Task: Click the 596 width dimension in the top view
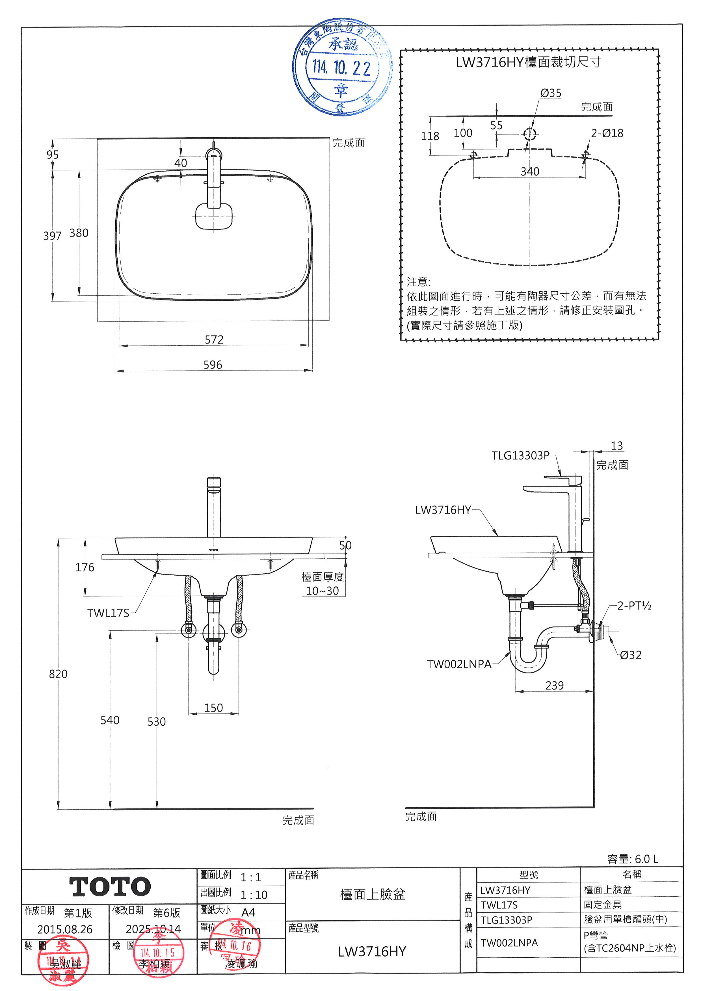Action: tap(213, 365)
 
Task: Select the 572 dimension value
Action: tap(214, 340)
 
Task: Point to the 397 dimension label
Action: tap(52, 236)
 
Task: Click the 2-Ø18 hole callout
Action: tap(607, 133)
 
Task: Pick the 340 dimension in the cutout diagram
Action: tap(530, 172)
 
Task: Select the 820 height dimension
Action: tap(58, 674)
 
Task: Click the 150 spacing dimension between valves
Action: tap(213, 708)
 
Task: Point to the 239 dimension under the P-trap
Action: tap(554, 686)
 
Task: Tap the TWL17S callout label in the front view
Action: tap(108, 613)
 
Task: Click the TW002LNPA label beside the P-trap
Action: tap(459, 664)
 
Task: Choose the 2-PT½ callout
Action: tap(634, 606)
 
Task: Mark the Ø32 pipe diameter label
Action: tap(630, 655)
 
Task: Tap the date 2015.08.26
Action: tap(65, 929)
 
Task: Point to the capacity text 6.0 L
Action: tap(646, 859)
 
